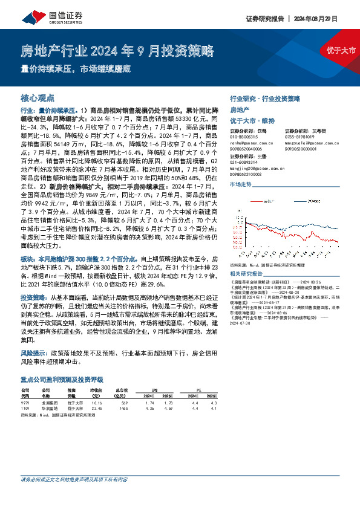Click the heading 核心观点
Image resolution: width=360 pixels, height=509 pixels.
click(x=38, y=97)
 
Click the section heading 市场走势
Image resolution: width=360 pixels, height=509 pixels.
click(x=241, y=184)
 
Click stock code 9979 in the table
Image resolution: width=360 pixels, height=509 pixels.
click(x=25, y=403)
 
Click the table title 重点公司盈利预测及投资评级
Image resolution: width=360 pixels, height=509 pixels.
click(x=62, y=380)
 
